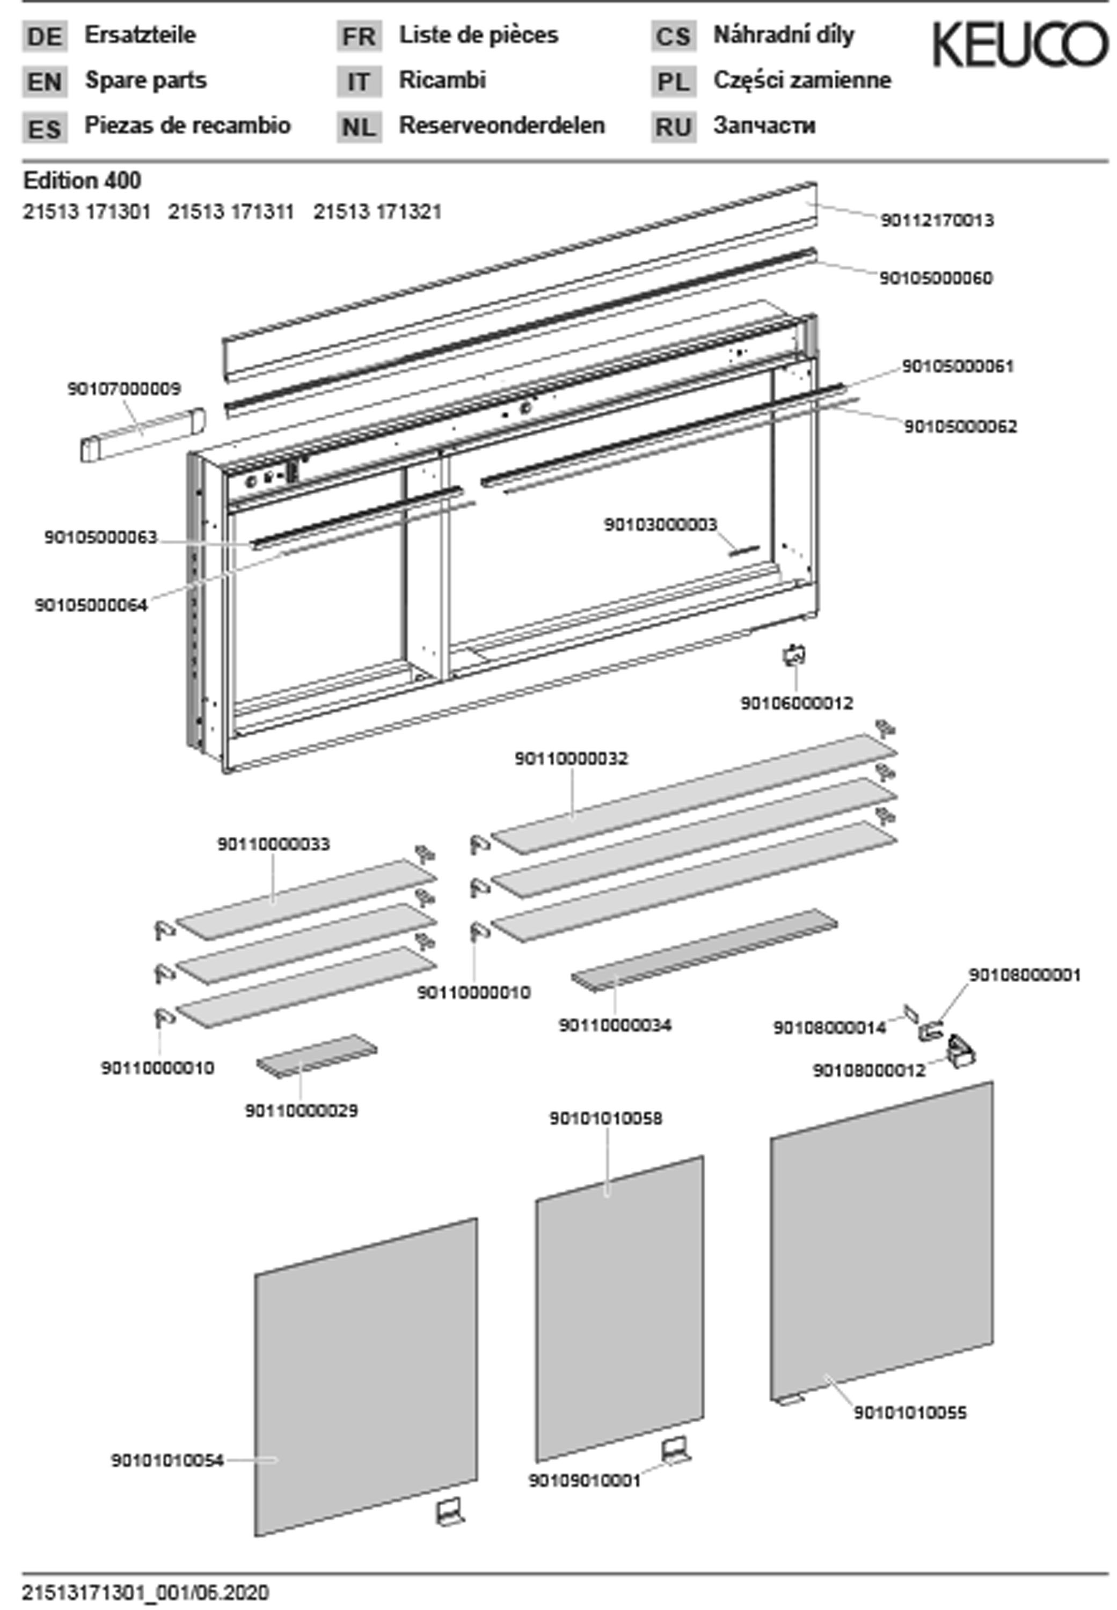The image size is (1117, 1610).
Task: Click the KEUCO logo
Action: (x=1020, y=45)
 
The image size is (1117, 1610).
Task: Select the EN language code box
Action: (x=45, y=82)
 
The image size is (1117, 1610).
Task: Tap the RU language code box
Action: (x=673, y=127)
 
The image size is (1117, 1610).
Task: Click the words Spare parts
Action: (x=145, y=80)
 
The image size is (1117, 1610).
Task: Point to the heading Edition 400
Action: (x=82, y=180)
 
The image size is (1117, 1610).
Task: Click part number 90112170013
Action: (x=937, y=221)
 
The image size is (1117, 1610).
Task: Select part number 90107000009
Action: (x=124, y=389)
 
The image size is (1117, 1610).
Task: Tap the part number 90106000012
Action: (x=797, y=703)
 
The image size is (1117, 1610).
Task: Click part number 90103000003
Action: (x=660, y=524)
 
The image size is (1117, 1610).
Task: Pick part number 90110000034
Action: (x=615, y=1025)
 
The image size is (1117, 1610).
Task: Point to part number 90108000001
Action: (x=1024, y=975)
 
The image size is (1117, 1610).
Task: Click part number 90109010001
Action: (x=585, y=1481)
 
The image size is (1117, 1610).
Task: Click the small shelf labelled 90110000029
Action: (x=316, y=1056)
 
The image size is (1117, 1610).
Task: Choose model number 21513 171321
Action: (x=377, y=212)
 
